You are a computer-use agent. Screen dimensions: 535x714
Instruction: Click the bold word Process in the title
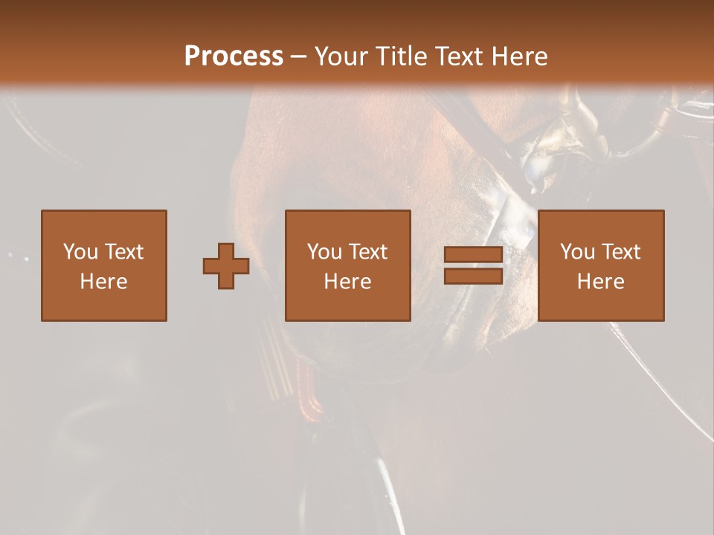pos(234,56)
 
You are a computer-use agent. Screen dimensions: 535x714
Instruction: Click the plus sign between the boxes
pos(226,266)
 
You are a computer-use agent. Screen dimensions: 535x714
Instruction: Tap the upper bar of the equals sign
pos(473,255)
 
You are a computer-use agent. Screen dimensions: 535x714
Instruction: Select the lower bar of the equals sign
pos(473,276)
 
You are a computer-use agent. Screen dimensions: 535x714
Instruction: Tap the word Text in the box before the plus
pos(123,252)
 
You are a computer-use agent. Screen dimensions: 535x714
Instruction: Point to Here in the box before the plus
pos(104,282)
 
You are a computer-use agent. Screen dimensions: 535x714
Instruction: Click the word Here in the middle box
pos(348,282)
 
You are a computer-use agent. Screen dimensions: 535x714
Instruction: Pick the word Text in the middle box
pos(367,252)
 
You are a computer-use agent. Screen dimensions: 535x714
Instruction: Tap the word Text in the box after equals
pos(620,252)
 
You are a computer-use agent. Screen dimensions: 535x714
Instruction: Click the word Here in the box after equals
pos(601,282)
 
